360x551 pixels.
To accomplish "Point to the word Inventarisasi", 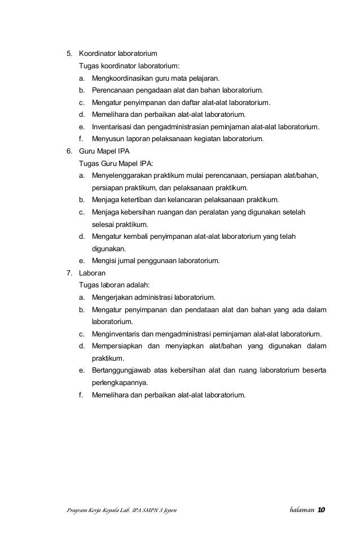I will click(112, 127).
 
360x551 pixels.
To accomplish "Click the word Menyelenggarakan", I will click(123, 176).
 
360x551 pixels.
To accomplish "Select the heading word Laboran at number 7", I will click(93, 273).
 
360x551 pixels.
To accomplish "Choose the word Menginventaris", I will click(117, 334).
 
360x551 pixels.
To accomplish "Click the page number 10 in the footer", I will click(321, 510).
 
